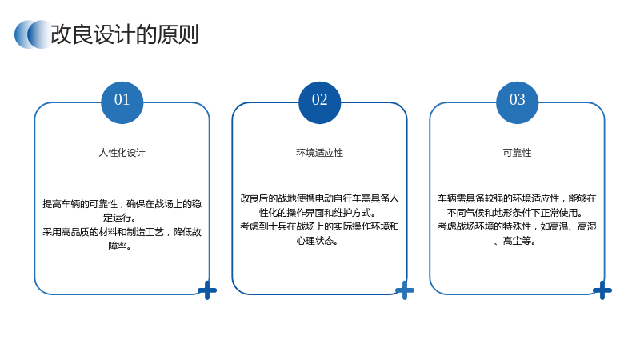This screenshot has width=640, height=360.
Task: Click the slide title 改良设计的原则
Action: coord(125,34)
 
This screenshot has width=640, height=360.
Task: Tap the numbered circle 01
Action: coord(122,102)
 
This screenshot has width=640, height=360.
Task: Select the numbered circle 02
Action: coord(319,102)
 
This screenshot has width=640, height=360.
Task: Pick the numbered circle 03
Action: coord(517,102)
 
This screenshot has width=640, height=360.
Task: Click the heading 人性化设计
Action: coord(122,153)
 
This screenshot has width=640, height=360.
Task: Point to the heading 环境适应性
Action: coord(319,153)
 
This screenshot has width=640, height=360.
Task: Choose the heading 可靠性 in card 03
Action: coord(517,153)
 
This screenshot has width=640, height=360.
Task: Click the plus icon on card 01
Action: coord(207,290)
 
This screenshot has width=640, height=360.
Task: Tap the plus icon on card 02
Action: coord(405,290)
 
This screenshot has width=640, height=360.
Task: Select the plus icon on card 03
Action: coord(602,290)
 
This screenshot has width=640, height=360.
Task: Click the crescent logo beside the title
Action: coord(33,34)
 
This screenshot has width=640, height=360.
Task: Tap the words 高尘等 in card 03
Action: coord(517,241)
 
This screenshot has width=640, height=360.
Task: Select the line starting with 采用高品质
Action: coord(122,232)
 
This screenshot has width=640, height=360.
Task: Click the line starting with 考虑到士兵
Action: coord(319,226)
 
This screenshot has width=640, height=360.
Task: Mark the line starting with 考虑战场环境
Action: coord(517,226)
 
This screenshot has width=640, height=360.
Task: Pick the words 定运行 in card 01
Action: coord(117,218)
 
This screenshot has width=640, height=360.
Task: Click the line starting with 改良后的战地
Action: coord(319,198)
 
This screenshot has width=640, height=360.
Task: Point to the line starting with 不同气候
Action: coord(515,213)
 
